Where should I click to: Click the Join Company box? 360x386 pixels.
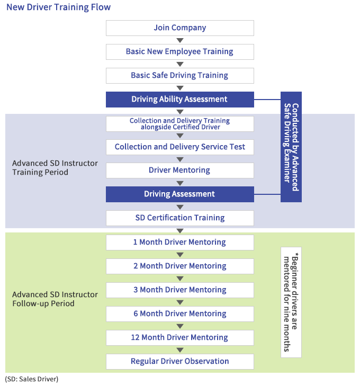coord(179,28)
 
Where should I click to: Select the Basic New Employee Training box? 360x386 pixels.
coord(179,52)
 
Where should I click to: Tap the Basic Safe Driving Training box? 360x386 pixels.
coord(179,76)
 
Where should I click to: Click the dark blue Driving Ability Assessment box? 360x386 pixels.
coord(179,99)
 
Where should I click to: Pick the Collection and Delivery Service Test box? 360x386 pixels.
coord(179,147)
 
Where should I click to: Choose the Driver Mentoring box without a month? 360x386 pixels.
coord(179,170)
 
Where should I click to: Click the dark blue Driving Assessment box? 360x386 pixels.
coord(179,194)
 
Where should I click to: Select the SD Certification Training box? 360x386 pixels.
coord(179,218)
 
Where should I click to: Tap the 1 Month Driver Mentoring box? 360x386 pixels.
coord(179,243)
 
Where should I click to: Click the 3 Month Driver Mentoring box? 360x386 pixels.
coord(179,290)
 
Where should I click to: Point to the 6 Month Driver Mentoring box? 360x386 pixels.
coord(179,314)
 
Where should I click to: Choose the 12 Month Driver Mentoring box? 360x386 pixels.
coord(179,338)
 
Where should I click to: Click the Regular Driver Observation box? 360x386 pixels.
coord(179,362)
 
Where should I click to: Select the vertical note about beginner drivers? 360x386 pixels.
coord(291,302)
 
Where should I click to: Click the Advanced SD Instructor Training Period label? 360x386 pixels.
coord(55,167)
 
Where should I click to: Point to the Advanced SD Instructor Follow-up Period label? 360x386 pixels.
coord(55,299)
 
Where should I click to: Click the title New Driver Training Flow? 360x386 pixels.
coord(59,8)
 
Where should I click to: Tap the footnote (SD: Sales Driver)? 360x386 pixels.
coord(32,379)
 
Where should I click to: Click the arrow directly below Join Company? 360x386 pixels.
coord(180,40)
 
